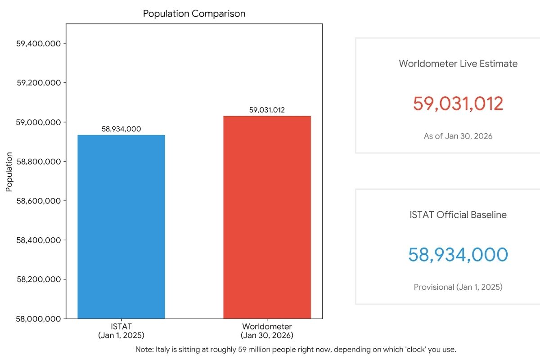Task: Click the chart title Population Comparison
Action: tap(194, 13)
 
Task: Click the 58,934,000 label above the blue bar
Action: tap(121, 129)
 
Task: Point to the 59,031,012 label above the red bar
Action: tap(267, 110)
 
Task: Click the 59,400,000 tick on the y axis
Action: tap(39, 44)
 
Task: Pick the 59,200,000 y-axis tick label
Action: tap(39, 83)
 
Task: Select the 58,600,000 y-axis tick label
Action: tap(39, 201)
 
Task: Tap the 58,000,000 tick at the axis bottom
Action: tap(39, 319)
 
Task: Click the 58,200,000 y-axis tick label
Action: tap(39, 279)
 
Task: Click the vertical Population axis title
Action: tap(9, 172)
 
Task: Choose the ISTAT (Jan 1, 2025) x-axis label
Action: tap(121, 331)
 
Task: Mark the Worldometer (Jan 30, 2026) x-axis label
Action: tap(267, 331)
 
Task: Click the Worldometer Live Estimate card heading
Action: tap(458, 64)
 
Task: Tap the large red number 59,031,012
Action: tap(458, 103)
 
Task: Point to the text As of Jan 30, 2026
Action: tap(458, 136)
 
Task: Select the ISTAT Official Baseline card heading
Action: tap(458, 215)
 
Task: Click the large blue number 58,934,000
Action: tap(458, 255)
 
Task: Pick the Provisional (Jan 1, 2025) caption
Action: tap(458, 287)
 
